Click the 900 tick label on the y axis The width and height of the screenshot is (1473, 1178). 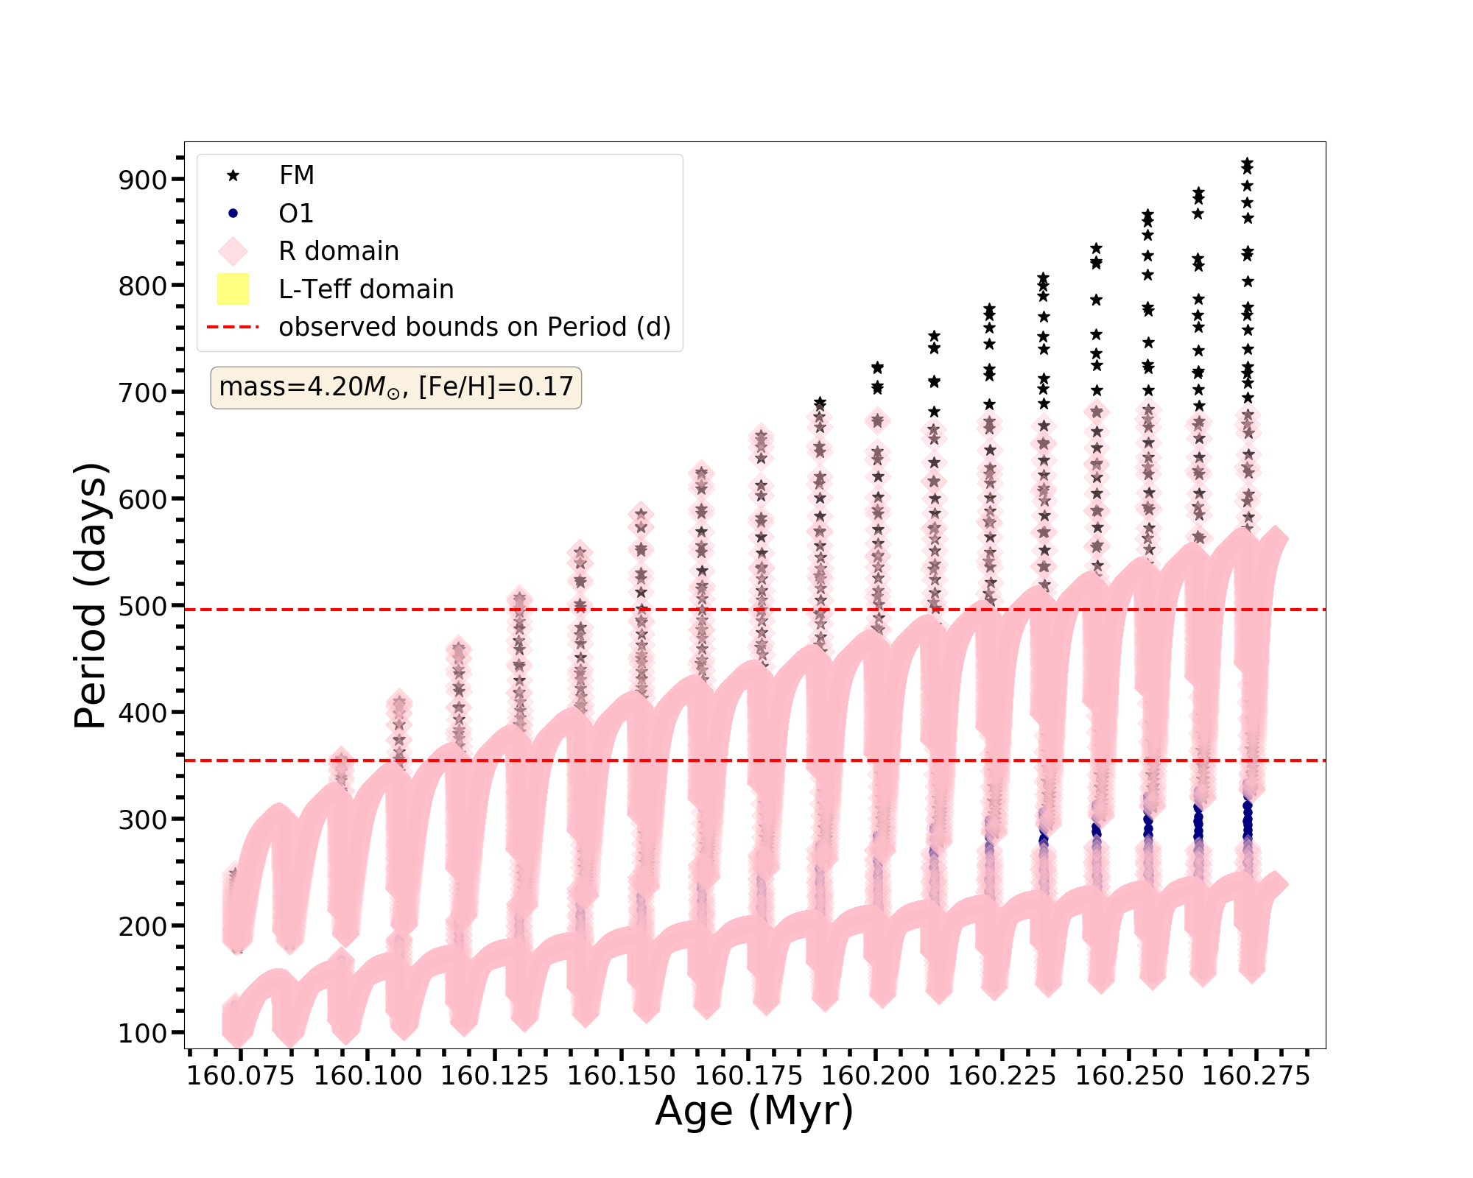pyautogui.click(x=142, y=180)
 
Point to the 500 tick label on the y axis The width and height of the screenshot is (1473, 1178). pyautogui.click(x=142, y=606)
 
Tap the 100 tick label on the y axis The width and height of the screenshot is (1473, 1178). pyautogui.click(x=142, y=1033)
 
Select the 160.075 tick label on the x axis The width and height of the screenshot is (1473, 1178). pyautogui.click(x=241, y=1076)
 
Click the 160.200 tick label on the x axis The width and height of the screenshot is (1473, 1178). pyautogui.click(x=876, y=1076)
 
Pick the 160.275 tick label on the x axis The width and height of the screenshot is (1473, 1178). pyautogui.click(x=1256, y=1076)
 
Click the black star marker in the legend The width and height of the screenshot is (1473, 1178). pyautogui.click(x=233, y=175)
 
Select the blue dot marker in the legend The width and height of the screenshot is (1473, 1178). pyautogui.click(x=233, y=214)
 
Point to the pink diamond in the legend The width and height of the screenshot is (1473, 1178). pyautogui.click(x=233, y=251)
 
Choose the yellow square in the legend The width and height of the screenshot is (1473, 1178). pyautogui.click(x=233, y=289)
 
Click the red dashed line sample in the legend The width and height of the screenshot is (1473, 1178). pyautogui.click(x=233, y=327)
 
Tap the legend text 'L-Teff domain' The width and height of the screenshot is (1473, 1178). pyautogui.click(x=366, y=289)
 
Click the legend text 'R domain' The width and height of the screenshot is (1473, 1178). pyautogui.click(x=338, y=251)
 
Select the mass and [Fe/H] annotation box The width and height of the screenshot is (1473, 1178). pyautogui.click(x=396, y=387)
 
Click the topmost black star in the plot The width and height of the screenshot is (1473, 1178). pyautogui.click(x=1247, y=163)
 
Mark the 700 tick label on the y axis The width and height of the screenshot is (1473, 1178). pyautogui.click(x=142, y=392)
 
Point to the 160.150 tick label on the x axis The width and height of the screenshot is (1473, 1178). pyautogui.click(x=622, y=1076)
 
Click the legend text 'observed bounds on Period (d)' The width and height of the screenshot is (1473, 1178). pyautogui.click(x=474, y=327)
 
